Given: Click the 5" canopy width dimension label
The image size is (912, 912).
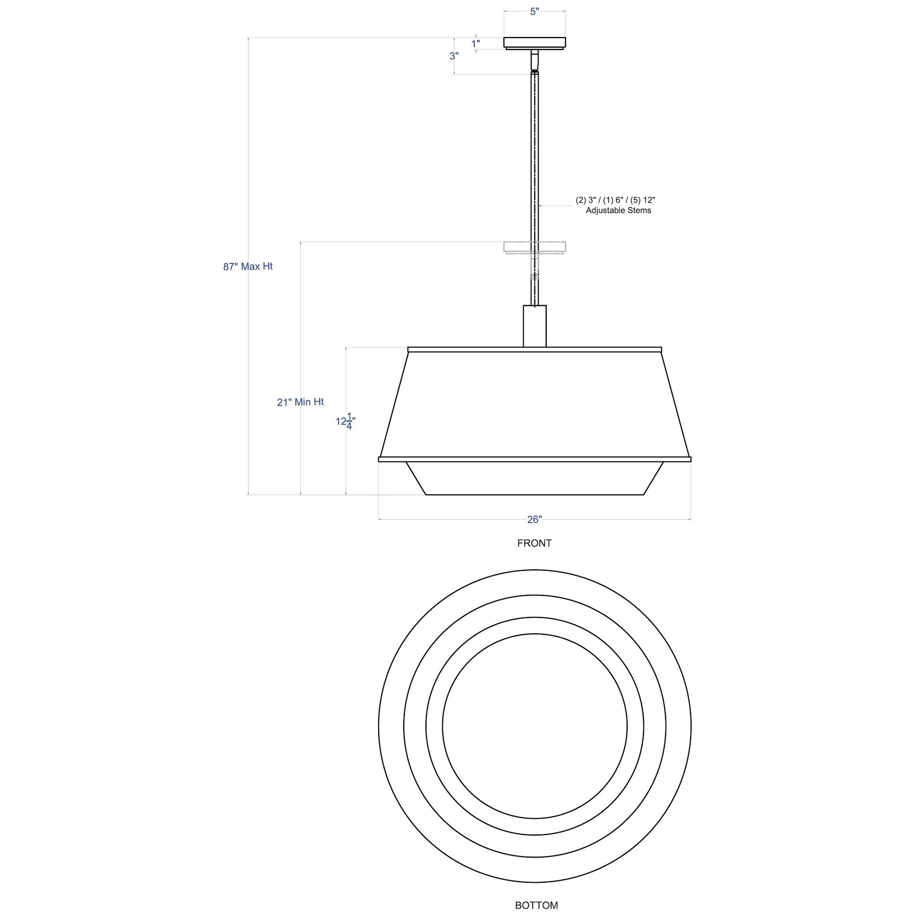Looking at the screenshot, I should tap(534, 12).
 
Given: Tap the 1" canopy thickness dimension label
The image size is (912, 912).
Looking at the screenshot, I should tap(475, 44).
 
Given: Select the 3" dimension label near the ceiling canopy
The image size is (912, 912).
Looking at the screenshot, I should tap(454, 56).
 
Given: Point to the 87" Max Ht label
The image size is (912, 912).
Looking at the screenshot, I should tap(248, 266).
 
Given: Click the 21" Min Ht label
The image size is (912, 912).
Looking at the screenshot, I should tap(300, 402).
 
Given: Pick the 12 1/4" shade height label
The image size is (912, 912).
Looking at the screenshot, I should tap(346, 422).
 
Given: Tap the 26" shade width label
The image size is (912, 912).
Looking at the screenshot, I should tap(534, 519).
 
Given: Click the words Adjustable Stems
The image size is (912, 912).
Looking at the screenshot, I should tap(618, 210).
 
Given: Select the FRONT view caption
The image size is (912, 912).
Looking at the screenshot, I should tap(534, 543).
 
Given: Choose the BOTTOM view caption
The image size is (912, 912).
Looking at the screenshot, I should tap(536, 905).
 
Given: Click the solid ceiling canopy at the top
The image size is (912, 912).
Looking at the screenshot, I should tap(534, 42).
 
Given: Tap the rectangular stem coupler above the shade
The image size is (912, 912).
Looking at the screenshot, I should tap(534, 325).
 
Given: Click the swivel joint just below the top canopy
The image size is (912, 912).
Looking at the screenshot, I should tap(534, 61).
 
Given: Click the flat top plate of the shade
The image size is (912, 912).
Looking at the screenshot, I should tap(534, 349).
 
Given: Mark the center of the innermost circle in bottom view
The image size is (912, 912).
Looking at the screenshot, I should tap(534, 726).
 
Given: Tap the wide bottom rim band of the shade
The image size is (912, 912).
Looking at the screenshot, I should tap(534, 459).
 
